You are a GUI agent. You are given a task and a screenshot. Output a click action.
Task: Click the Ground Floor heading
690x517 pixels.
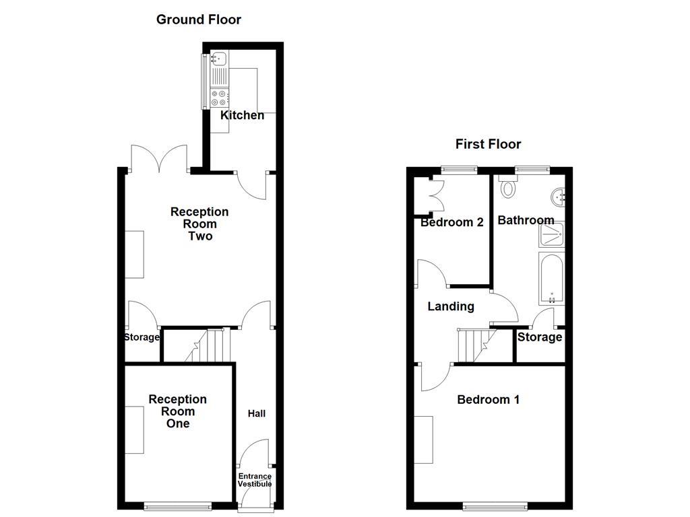coord(198,20)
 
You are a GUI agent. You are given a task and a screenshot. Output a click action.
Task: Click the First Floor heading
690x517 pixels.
coord(488,144)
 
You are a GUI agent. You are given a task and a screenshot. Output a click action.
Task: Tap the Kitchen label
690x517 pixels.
coord(243,115)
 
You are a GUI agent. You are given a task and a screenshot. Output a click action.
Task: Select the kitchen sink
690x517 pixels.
coord(220,61)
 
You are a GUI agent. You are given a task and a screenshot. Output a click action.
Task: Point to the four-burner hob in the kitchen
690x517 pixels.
coord(220,98)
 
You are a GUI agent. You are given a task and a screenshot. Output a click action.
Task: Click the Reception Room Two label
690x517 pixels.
coord(199,224)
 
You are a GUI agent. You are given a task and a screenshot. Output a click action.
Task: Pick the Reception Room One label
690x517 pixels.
coord(178,411)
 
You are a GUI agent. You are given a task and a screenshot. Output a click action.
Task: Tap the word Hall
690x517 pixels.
coord(256,413)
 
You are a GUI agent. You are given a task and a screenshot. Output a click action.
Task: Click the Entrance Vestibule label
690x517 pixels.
coord(255,480)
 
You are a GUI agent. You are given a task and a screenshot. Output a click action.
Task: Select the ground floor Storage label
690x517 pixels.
coord(142,337)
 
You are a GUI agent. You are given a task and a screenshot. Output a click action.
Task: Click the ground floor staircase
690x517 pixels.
coord(209,346)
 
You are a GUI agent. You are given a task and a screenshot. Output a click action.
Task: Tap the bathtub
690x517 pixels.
coord(551,279)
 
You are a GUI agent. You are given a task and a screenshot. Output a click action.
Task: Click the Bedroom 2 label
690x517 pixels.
coord(451,222)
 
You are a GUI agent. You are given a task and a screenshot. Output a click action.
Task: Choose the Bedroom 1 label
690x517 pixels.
coord(488,400)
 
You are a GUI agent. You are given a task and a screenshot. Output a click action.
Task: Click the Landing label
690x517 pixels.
coord(451,306)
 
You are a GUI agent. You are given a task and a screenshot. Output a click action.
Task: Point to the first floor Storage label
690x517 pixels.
coord(539,337)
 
